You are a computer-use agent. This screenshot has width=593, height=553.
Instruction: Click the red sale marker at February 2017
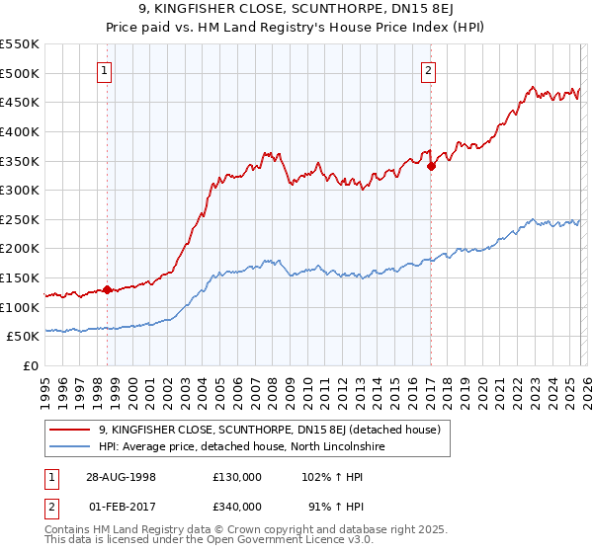tap(431, 167)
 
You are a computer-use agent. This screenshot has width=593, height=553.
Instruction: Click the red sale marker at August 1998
tap(108, 290)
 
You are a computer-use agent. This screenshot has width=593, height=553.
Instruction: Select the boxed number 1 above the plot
tap(105, 70)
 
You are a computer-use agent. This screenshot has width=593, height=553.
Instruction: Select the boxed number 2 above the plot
tap(429, 70)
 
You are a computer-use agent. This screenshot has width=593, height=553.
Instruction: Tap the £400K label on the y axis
tap(20, 131)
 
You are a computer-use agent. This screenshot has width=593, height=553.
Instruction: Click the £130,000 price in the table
tap(237, 476)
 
